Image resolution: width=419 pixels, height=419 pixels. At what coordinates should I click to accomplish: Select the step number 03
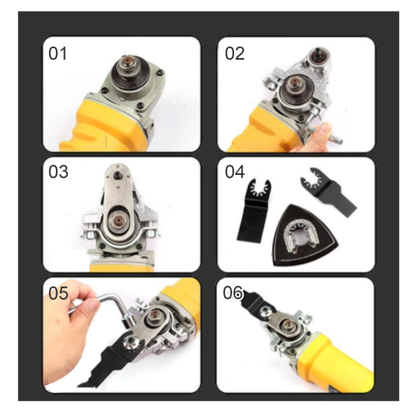coord(59,172)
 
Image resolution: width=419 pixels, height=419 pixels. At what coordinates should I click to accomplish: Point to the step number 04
coord(235,172)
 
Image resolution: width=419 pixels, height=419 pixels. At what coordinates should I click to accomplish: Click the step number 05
coord(59,293)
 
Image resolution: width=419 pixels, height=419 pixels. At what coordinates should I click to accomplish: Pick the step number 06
coord(233,293)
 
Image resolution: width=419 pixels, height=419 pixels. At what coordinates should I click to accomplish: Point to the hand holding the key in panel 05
coord(68,330)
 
